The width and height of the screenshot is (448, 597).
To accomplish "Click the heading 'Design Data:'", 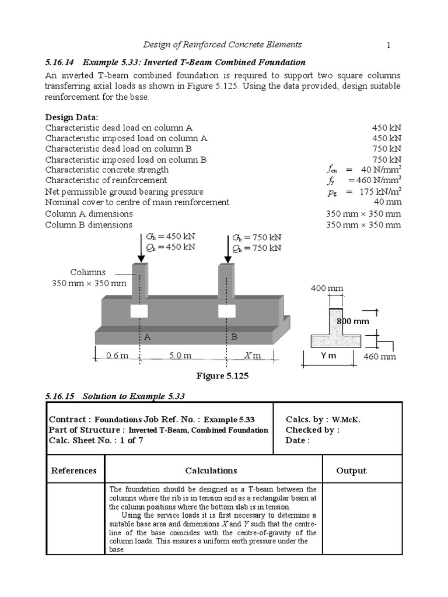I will pos(72,117).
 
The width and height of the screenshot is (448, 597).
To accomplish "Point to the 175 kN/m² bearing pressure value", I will pos(380,191).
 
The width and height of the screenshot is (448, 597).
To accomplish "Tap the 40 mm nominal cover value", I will pos(387,202).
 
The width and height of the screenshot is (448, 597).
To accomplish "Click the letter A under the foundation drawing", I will pos(148,337).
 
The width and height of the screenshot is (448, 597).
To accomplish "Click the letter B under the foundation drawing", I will pos(235,337).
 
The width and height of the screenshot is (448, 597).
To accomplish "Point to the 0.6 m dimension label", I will pos(117,356).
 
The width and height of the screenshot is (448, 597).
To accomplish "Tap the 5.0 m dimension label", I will pos(180,356).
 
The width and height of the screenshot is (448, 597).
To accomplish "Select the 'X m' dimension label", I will pos(253,356).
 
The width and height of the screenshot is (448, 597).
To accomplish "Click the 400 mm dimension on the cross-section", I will pos(327,289).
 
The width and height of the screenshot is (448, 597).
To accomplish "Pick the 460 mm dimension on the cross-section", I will pos(380,356).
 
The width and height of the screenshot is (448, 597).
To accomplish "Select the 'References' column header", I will pos(73,470).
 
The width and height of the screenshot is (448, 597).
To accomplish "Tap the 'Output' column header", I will pos(351,470).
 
